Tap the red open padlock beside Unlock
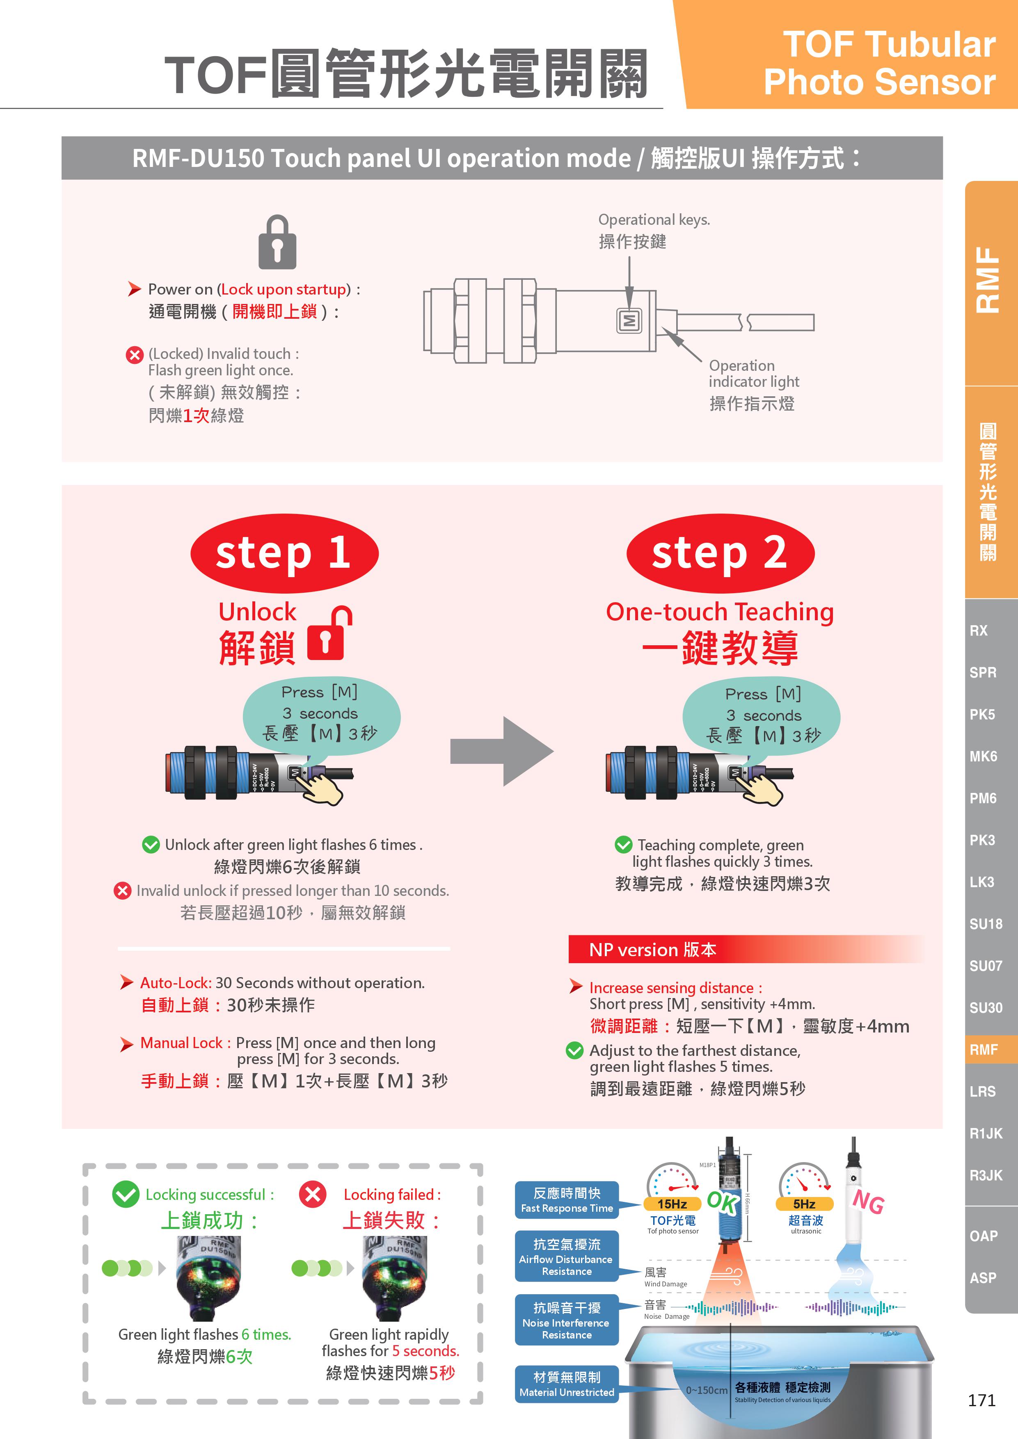coord(329,634)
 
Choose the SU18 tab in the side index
coord(986,924)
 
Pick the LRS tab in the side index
coord(982,1091)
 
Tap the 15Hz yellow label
coord(672,1204)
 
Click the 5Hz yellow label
coord(804,1204)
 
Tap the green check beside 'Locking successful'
coord(126,1194)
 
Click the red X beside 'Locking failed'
coord(313,1194)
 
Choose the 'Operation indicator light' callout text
coord(753,374)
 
